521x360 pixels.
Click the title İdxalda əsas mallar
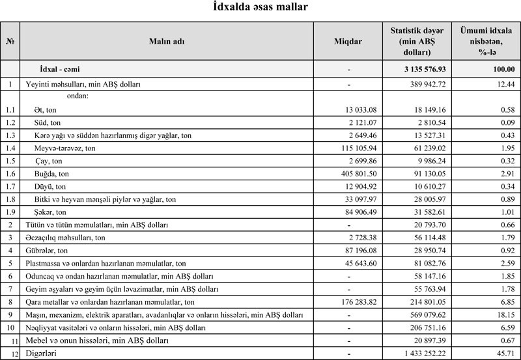click(x=260, y=8)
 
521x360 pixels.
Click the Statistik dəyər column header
click(x=417, y=41)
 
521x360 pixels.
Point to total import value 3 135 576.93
click(x=421, y=68)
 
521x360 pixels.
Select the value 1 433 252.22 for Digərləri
click(x=421, y=352)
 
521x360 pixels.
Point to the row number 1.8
click(x=10, y=199)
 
